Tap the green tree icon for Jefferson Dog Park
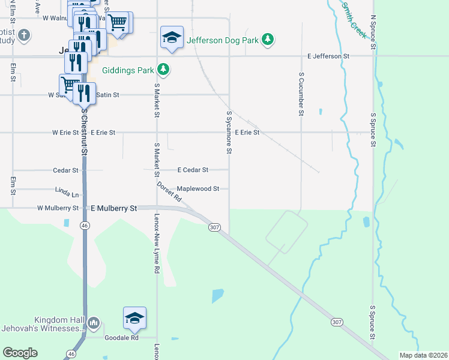click(268, 40)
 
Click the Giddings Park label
click(128, 70)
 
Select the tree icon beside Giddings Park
click(163, 70)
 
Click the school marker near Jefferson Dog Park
click(172, 38)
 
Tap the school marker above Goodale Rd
click(134, 318)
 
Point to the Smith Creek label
click(354, 20)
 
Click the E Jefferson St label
click(328, 56)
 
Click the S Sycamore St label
click(229, 132)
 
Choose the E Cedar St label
click(193, 170)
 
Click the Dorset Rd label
click(169, 192)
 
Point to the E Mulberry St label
click(113, 208)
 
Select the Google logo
click(20, 353)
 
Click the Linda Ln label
click(67, 194)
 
